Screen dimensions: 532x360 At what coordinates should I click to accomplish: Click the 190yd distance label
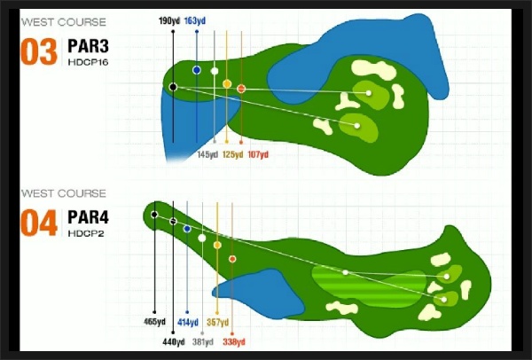pos(169,21)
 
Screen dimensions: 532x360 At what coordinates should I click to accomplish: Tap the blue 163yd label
pos(195,21)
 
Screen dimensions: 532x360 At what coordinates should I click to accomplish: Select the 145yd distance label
pos(207,154)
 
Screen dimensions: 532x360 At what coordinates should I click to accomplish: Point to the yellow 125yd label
pos(232,154)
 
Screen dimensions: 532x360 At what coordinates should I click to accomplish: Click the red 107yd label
pos(258,154)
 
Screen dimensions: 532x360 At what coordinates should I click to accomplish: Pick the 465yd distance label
pos(154,321)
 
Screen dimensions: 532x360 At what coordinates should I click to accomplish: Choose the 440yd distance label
pos(174,341)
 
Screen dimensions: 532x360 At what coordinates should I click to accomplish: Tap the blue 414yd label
pos(188,322)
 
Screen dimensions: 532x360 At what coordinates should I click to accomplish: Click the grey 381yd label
pos(203,341)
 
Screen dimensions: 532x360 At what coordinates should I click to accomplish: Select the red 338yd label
pos(234,341)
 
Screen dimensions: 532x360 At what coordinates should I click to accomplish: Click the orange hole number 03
pos(39,51)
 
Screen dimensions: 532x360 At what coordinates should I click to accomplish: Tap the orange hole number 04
pos(39,223)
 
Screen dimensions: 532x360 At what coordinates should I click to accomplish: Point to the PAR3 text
pos(88,46)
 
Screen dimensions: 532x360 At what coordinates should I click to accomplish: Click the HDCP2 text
pos(86,234)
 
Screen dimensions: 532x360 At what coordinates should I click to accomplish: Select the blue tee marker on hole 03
pos(197,70)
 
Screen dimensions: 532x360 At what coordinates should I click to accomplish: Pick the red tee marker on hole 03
pos(241,89)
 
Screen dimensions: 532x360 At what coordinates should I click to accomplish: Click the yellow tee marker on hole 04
pos(217,245)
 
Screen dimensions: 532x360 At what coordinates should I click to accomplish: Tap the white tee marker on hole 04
pos(202,239)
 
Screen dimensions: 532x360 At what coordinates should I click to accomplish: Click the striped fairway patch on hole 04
pos(368,286)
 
